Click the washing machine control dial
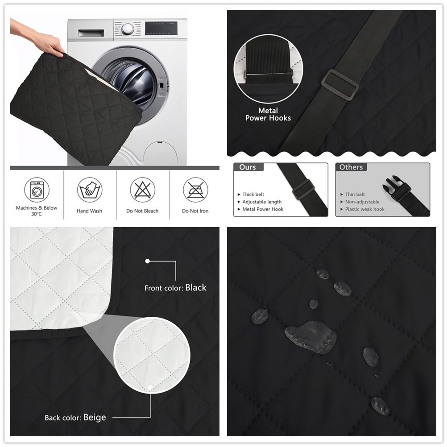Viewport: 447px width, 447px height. [128, 29]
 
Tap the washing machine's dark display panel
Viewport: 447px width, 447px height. [161, 28]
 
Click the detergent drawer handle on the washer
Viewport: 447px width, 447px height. [91, 33]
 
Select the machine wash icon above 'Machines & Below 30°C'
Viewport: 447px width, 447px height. [37, 190]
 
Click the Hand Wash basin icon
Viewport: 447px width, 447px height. [90, 190]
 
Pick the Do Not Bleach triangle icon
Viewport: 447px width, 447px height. [143, 190]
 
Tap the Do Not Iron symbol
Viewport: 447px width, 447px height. [195, 190]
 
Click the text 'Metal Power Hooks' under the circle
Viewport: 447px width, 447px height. [268, 114]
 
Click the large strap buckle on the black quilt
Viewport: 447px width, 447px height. [340, 85]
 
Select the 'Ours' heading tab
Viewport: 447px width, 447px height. [248, 167]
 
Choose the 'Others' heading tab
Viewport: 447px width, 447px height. [351, 167]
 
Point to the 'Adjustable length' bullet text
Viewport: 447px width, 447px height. [262, 202]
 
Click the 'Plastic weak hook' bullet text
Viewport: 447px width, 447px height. [365, 209]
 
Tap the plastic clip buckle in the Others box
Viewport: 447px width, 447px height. [397, 188]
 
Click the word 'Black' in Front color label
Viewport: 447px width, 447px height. [196, 287]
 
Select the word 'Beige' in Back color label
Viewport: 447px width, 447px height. [95, 418]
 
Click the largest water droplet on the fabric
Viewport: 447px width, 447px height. [310, 337]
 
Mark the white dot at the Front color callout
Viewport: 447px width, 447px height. [147, 261]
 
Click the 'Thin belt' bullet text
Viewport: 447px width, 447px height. [355, 195]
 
